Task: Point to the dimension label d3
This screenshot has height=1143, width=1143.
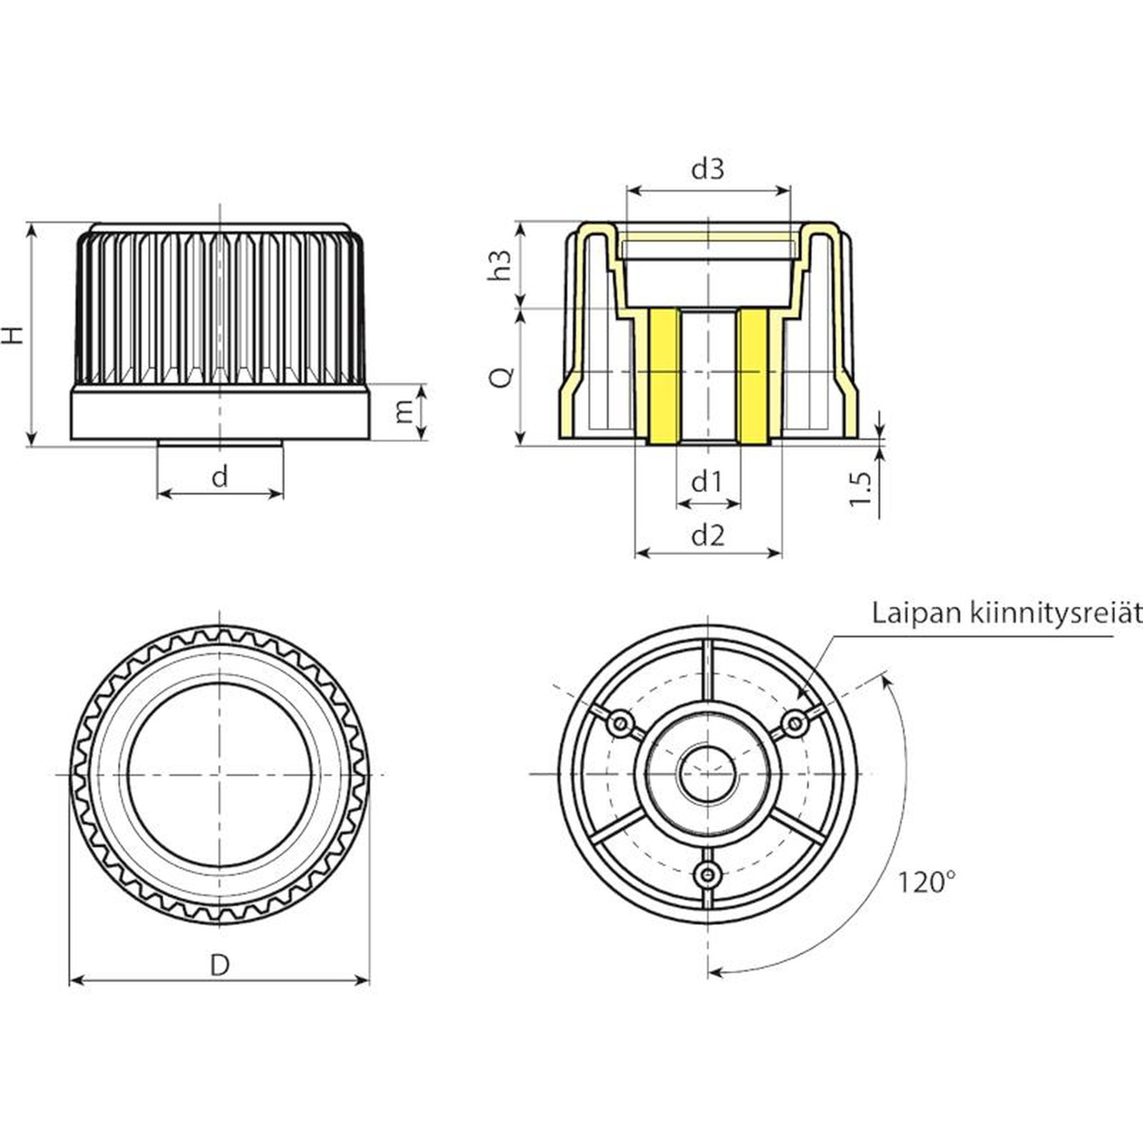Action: coord(707,169)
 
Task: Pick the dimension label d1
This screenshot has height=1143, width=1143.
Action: coord(707,482)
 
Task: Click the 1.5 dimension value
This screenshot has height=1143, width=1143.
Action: coord(861,488)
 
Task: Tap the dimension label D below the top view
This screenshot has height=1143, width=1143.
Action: coord(220,965)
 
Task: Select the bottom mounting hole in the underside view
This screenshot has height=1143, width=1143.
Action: coord(708,872)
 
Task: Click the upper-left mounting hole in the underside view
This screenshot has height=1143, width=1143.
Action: coord(621,724)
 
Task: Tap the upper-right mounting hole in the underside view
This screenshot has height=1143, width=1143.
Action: coord(794,724)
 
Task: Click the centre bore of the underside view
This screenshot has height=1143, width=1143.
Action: coord(707,774)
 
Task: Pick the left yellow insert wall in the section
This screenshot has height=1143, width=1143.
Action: coord(664,376)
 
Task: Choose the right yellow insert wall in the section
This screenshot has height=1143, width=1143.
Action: coord(753,376)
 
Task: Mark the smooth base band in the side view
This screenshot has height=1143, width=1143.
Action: coord(220,412)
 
